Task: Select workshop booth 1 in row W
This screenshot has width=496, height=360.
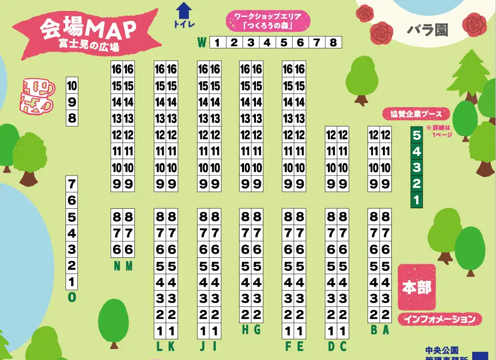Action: (x=217, y=43)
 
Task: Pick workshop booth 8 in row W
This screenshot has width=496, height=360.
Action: (x=333, y=43)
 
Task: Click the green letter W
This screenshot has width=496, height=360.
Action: (x=202, y=43)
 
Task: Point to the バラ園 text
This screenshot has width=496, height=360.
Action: (x=427, y=30)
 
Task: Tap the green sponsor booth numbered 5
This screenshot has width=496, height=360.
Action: (x=417, y=135)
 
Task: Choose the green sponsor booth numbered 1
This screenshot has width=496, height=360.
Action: (x=417, y=200)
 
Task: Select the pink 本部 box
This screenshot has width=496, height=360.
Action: (x=417, y=288)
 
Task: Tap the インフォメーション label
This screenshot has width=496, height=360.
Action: (x=439, y=319)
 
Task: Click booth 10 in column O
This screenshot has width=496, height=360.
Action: (x=72, y=86)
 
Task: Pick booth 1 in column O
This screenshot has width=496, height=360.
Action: (x=72, y=282)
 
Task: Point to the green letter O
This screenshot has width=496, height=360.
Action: (x=72, y=297)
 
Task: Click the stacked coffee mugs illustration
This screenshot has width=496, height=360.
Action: (x=37, y=96)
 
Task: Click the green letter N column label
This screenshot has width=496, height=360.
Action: (x=117, y=267)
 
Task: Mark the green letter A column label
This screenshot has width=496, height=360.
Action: (x=385, y=330)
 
